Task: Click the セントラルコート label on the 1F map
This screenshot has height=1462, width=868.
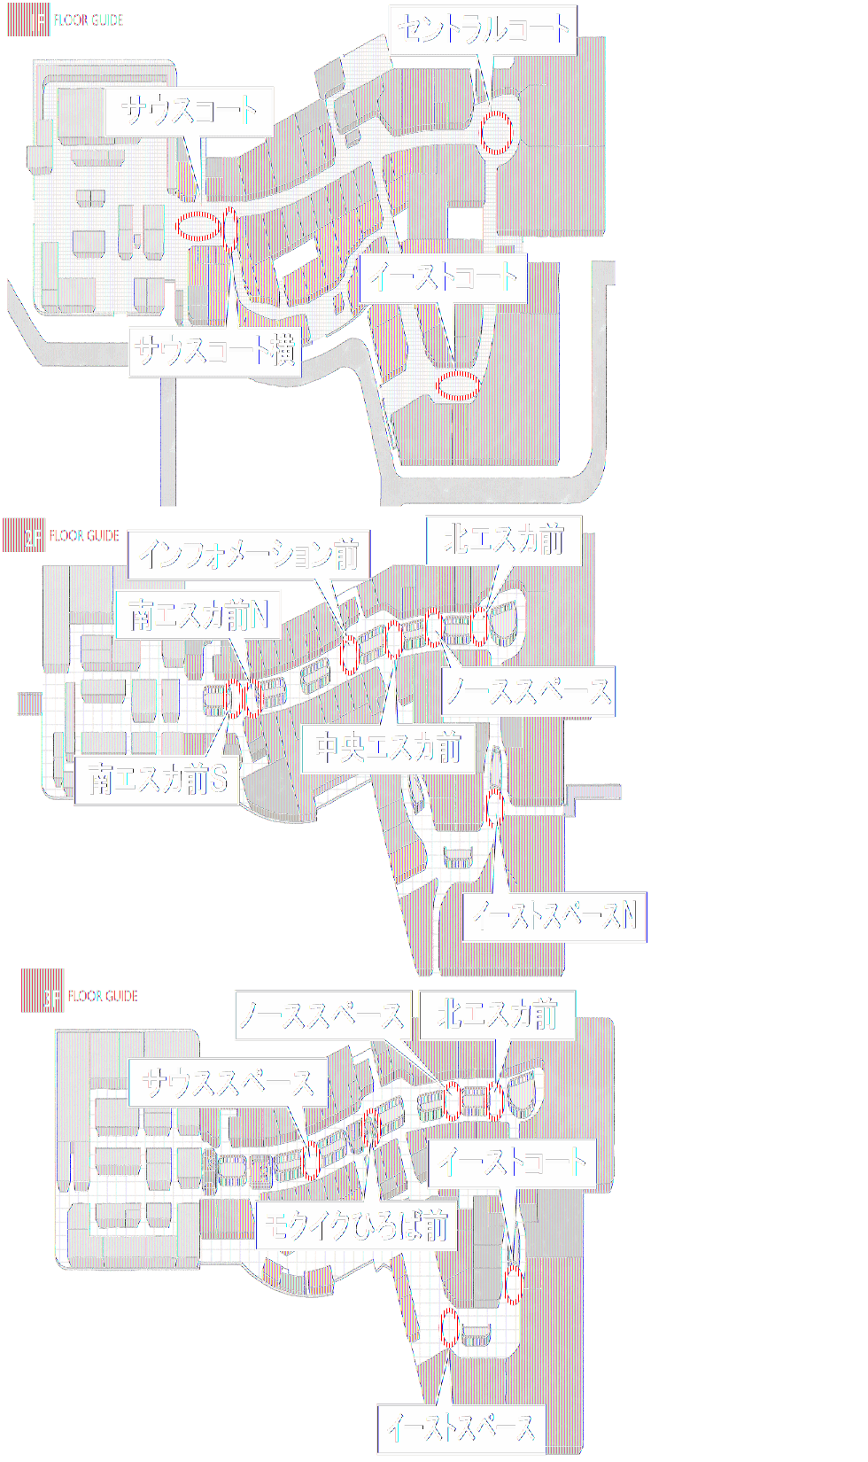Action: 483,31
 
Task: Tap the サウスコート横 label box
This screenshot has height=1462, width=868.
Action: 215,351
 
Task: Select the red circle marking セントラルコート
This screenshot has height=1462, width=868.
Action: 496,132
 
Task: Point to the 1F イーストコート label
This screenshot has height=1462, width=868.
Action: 443,278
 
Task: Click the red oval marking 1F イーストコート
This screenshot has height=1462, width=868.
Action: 458,385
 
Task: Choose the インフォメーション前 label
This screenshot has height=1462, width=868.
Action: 249,556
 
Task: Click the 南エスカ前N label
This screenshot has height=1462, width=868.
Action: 198,615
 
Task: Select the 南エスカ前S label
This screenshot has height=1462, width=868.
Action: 157,780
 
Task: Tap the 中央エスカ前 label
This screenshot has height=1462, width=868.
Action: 388,749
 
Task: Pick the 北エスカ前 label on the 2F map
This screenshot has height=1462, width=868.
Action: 503,540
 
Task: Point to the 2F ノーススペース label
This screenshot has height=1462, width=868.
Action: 528,692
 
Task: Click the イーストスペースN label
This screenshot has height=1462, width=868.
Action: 554,916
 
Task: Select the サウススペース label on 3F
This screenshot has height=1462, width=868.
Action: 228,1083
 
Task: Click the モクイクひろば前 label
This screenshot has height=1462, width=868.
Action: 356,1226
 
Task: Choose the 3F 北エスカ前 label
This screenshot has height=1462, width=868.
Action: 497,1015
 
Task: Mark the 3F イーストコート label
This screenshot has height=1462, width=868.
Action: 512,1163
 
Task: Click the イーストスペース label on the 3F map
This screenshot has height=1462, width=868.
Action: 461,1428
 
